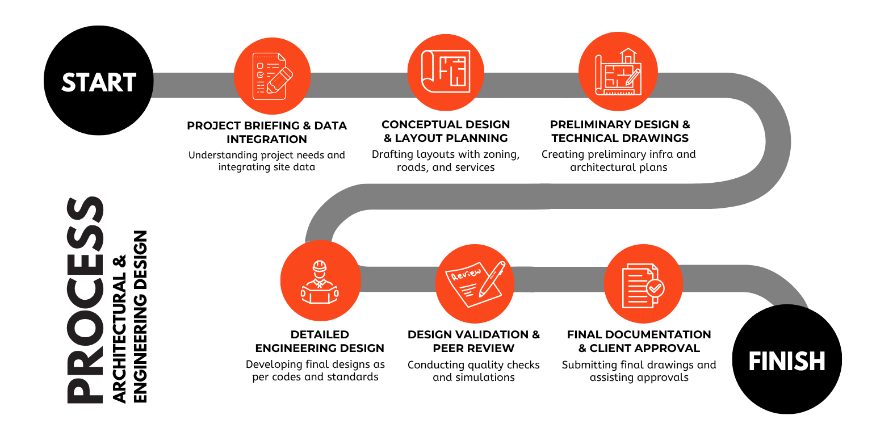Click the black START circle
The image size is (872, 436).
(98, 81)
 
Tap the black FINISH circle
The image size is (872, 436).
(787, 359)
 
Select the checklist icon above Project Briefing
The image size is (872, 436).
(272, 76)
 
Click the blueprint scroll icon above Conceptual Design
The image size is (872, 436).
(446, 71)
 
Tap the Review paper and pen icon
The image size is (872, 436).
(475, 284)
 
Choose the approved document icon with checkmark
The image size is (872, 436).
(643, 286)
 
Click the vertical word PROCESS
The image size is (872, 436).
(85, 300)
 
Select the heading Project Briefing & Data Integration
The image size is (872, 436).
(267, 132)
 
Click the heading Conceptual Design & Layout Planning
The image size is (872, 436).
(446, 131)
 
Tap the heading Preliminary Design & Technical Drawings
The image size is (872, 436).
(620, 131)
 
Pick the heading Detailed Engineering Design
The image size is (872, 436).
(320, 341)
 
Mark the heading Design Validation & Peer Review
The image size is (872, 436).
(474, 341)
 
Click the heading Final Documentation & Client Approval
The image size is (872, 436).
(639, 341)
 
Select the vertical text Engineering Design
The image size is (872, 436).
(140, 316)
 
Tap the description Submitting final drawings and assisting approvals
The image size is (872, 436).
(639, 371)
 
